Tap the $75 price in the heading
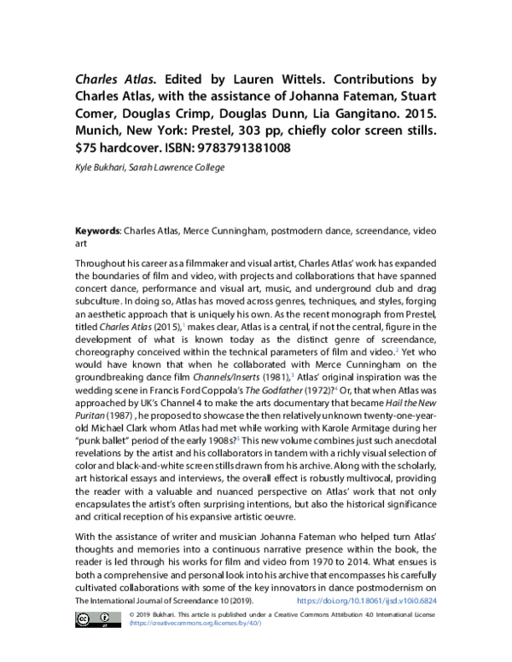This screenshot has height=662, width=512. [85, 148]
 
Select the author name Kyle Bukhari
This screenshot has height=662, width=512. [100, 167]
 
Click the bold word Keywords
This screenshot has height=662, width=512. [97, 231]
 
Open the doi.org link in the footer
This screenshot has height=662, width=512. [367, 601]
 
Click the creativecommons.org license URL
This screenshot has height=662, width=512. [195, 623]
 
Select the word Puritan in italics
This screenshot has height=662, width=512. [90, 415]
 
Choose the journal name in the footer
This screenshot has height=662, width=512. [165, 601]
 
